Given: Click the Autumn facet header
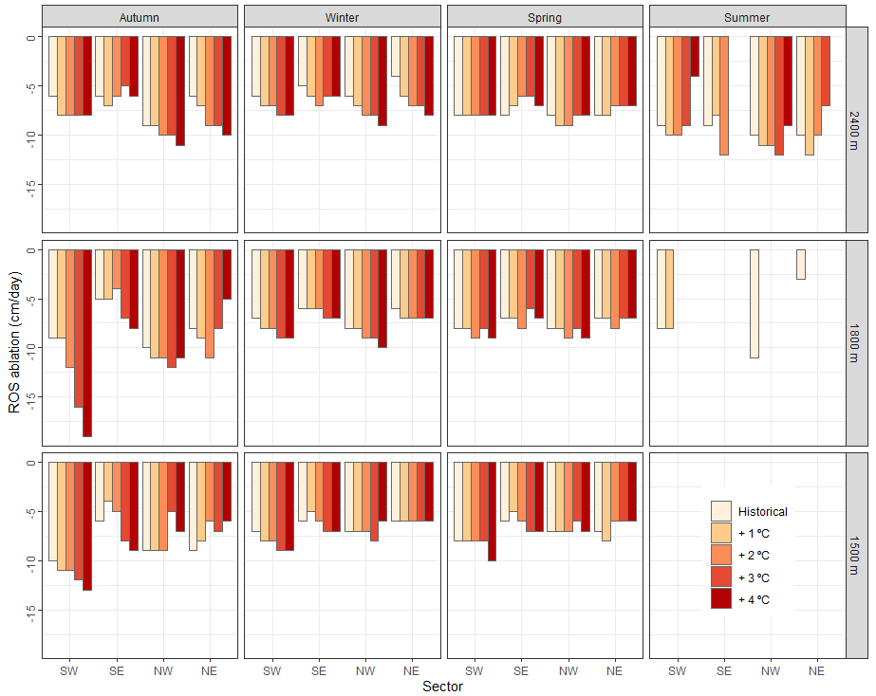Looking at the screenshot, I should (140, 17).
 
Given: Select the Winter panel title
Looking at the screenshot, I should (343, 17).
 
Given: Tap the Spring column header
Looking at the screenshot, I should (545, 17).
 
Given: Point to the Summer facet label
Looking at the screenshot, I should (747, 17).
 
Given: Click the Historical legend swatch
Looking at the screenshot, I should (721, 511).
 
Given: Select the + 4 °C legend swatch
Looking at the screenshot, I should (721, 598).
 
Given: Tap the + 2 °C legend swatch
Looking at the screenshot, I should (721, 555).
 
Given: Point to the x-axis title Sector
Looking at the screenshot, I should (443, 687).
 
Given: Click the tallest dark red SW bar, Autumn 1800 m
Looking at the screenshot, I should (87, 342).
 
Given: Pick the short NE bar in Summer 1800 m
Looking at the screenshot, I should (801, 265).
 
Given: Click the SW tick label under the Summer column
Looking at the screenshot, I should (677, 671).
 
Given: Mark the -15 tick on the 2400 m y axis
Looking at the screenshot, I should (28, 184).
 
